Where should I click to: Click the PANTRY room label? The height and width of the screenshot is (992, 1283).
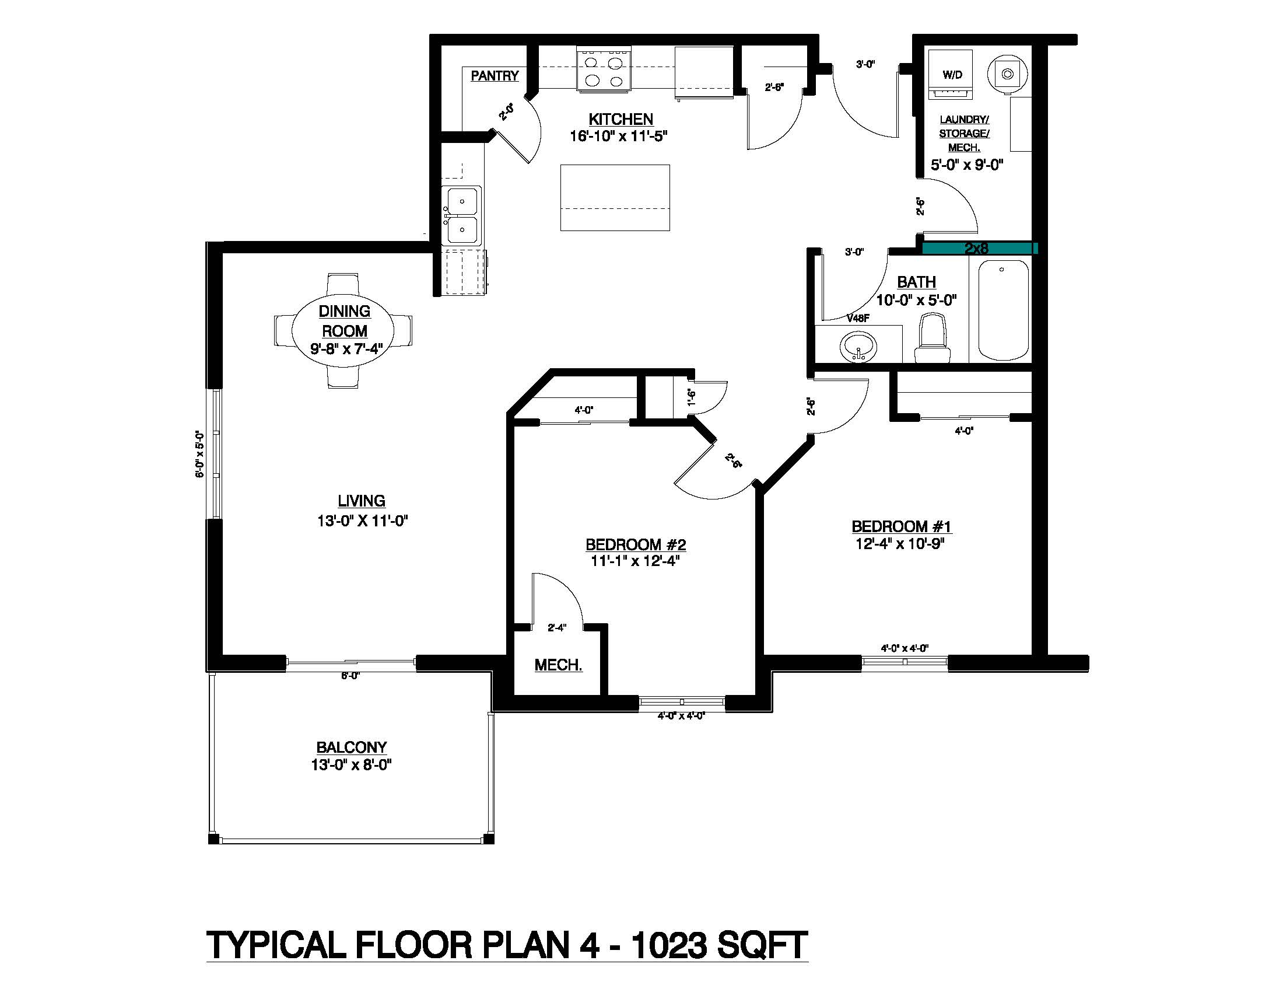pyautogui.click(x=495, y=76)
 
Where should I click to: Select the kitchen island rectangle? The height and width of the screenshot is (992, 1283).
pyautogui.click(x=615, y=197)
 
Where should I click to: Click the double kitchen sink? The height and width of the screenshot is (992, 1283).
pyautogui.click(x=462, y=216)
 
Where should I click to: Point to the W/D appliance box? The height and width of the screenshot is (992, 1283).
pyautogui.click(x=952, y=75)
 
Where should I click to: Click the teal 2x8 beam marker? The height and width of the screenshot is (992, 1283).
pyautogui.click(x=977, y=249)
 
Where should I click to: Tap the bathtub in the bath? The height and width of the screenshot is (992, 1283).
pyautogui.click(x=1004, y=310)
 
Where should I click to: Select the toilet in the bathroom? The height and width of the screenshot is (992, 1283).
pyautogui.click(x=931, y=338)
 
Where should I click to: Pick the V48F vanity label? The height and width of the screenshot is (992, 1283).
pyautogui.click(x=858, y=319)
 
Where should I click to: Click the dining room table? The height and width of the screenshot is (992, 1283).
pyautogui.click(x=343, y=330)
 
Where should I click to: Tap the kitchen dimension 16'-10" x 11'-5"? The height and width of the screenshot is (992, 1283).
pyautogui.click(x=619, y=137)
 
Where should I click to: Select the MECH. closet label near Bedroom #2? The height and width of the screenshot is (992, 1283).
pyautogui.click(x=558, y=665)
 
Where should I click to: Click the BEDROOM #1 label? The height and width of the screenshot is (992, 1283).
pyautogui.click(x=900, y=526)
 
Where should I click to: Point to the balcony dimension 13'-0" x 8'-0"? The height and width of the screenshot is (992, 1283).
pyautogui.click(x=351, y=764)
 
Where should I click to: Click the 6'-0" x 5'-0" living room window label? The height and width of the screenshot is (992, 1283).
pyautogui.click(x=199, y=453)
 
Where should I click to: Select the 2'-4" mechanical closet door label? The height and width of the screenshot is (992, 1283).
pyautogui.click(x=556, y=628)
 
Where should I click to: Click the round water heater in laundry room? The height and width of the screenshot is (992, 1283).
pyautogui.click(x=1008, y=74)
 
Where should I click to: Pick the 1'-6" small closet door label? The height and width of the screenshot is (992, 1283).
pyautogui.click(x=692, y=397)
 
